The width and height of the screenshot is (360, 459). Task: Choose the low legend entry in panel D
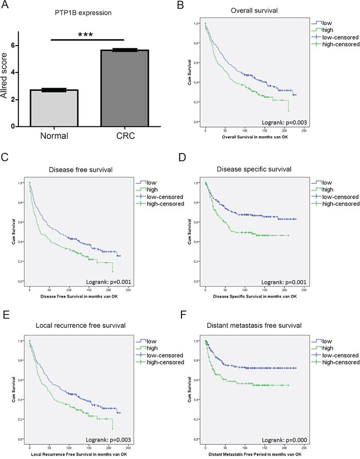coord(328,182)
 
